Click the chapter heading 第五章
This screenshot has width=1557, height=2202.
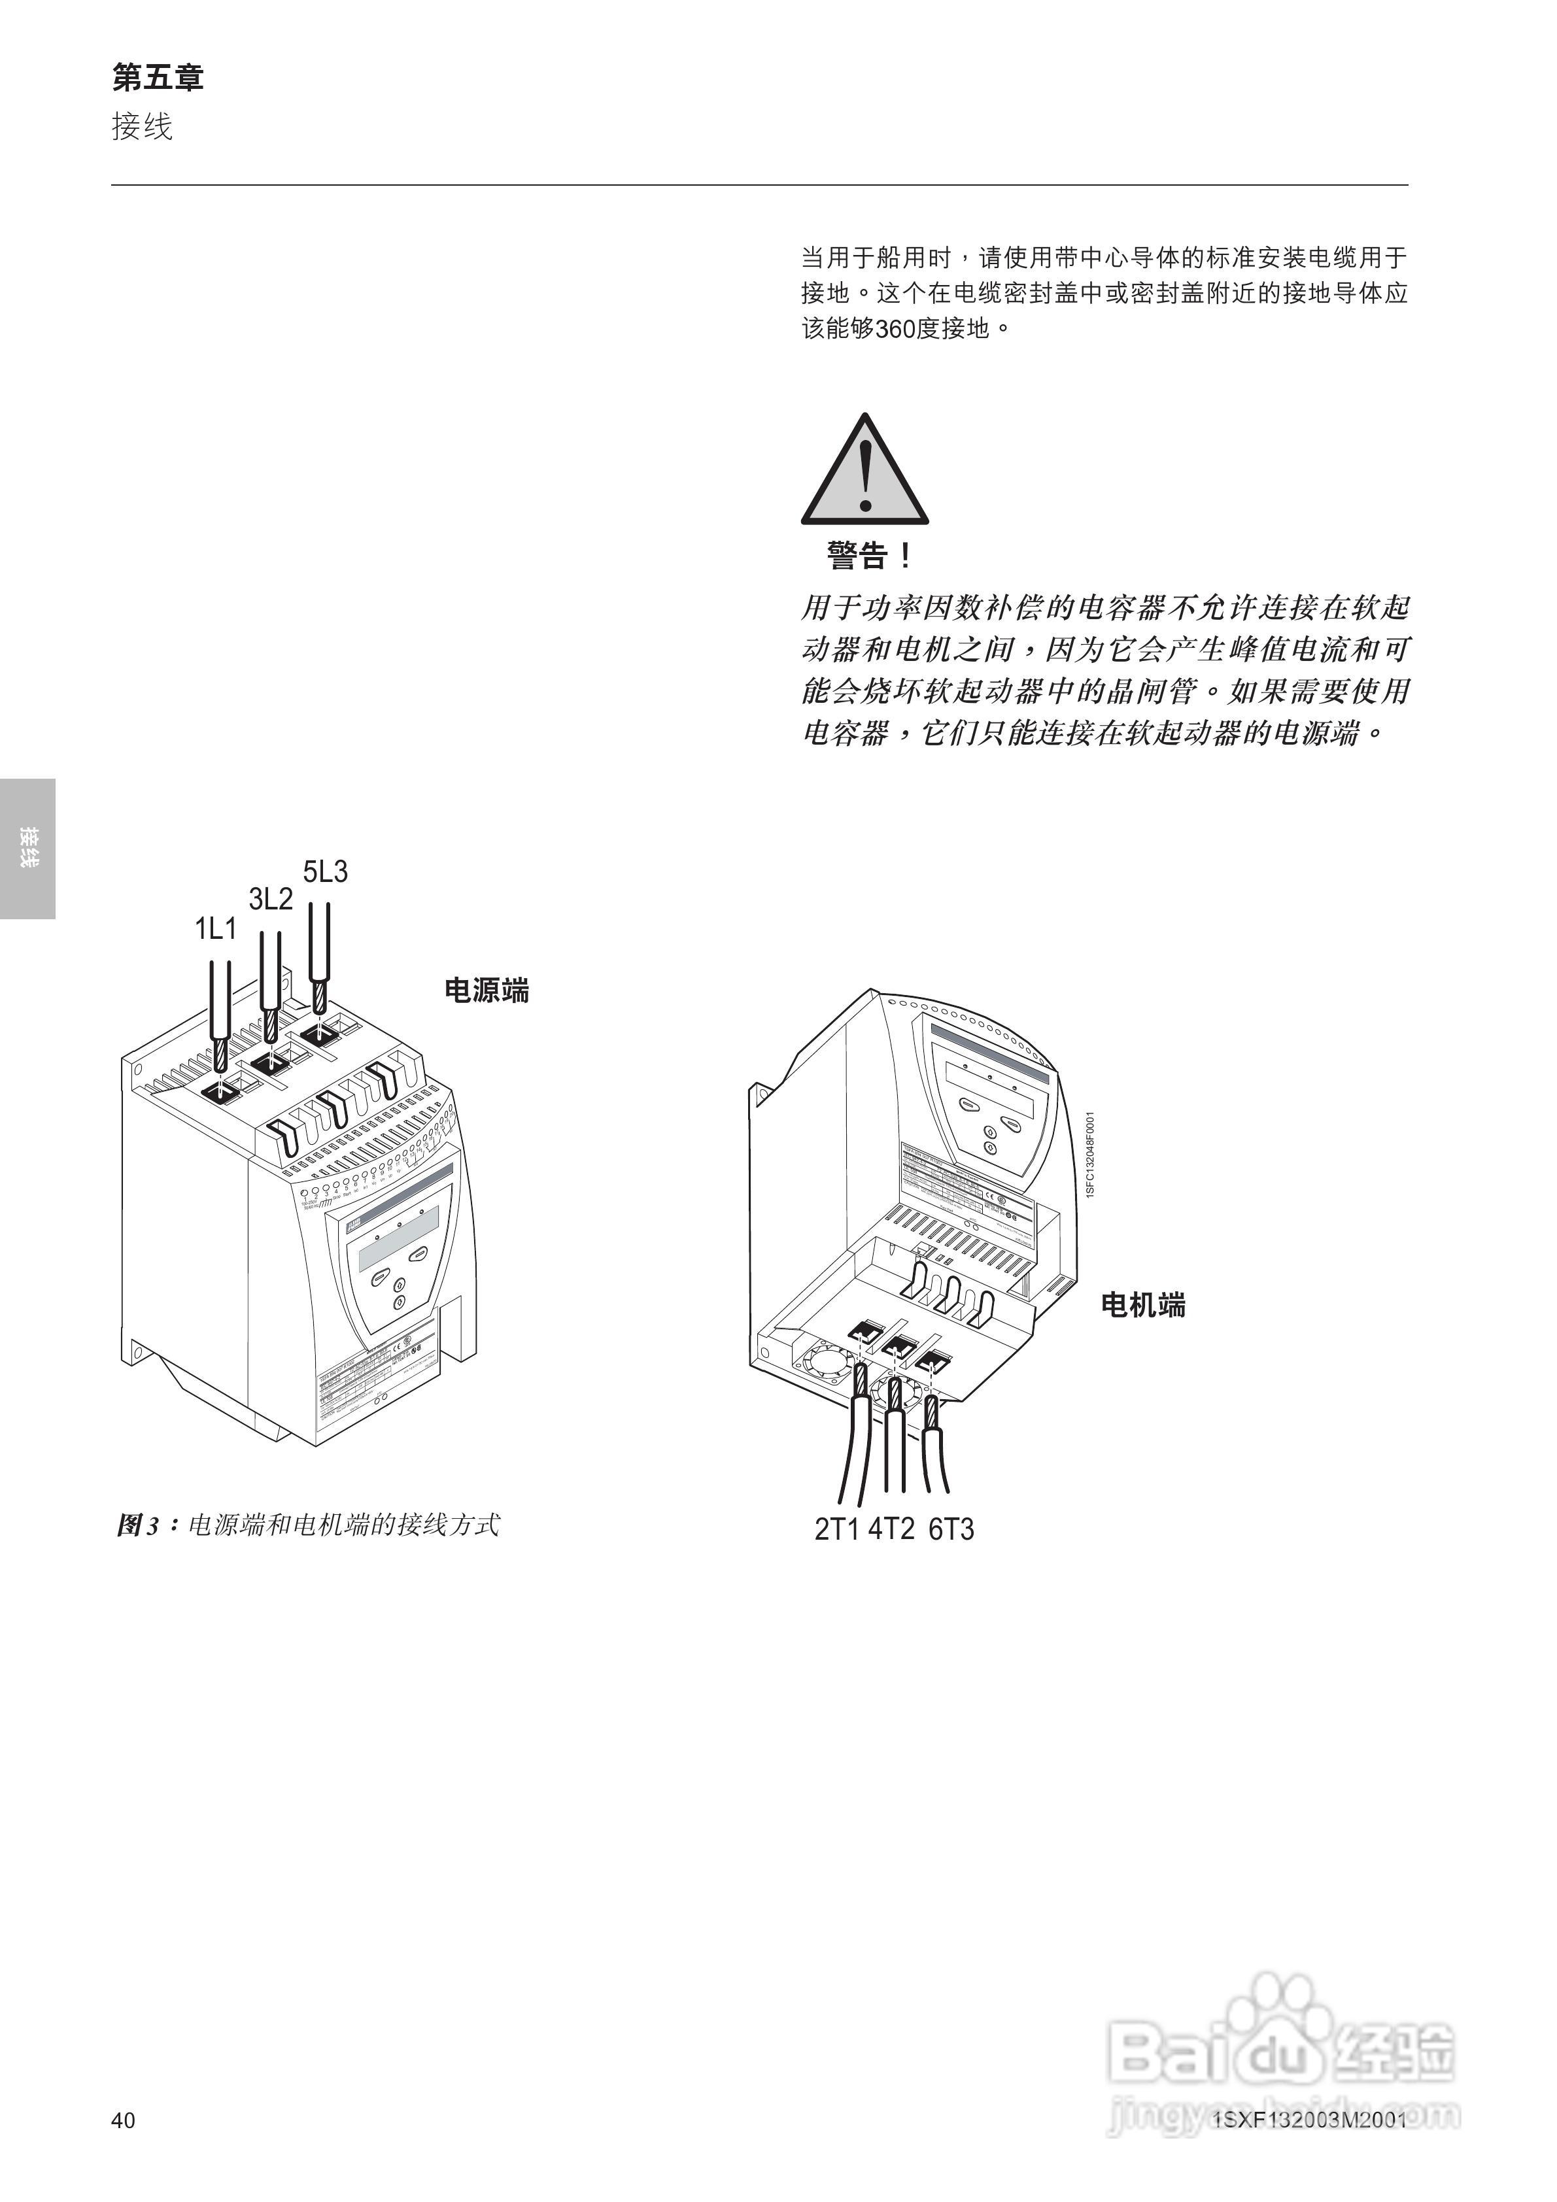tap(158, 78)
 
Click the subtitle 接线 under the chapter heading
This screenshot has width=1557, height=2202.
tap(142, 127)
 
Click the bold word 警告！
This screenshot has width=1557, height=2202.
tap(869, 555)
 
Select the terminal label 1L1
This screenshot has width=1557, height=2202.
tap(216, 928)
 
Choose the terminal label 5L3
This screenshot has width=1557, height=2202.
tap(325, 872)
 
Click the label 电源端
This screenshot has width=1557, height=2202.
tap(487, 991)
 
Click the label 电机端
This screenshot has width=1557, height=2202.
tap(1142, 1304)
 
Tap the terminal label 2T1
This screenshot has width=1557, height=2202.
tap(836, 1529)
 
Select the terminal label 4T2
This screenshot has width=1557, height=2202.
tap(891, 1529)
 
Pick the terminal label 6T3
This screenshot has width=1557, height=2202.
tap(951, 1529)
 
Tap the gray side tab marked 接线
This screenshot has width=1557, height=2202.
tap(28, 848)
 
